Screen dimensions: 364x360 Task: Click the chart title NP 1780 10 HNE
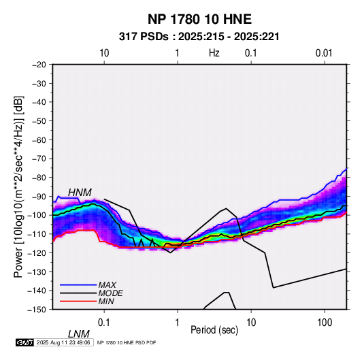[x=199, y=19]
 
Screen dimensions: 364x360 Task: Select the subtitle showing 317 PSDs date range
[x=199, y=37]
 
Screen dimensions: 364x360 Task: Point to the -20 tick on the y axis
[x=39, y=65]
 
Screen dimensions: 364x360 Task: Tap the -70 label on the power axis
[x=39, y=159]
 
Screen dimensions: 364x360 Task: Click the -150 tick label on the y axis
[x=37, y=310]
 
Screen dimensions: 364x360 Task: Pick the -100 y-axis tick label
[x=37, y=215]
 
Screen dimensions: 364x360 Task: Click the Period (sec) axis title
[x=214, y=330]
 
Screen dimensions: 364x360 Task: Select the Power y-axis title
[x=18, y=187]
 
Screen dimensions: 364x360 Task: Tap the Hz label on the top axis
[x=214, y=53]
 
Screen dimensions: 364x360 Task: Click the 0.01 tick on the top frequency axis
[x=324, y=53]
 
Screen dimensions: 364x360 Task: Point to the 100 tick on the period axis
[x=325, y=323]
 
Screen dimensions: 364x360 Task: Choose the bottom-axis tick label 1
[x=178, y=323]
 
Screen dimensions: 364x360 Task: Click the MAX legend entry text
[x=107, y=285]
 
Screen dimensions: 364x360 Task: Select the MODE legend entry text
[x=110, y=293]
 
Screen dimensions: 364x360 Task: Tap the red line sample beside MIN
[x=78, y=301]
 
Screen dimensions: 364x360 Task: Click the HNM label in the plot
[x=80, y=193]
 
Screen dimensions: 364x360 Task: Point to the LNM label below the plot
[x=78, y=334]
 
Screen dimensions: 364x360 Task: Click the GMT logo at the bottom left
[x=24, y=342]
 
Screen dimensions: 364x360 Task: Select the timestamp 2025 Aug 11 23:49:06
[x=63, y=342]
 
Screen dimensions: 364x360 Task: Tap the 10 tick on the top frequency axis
[x=104, y=53]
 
